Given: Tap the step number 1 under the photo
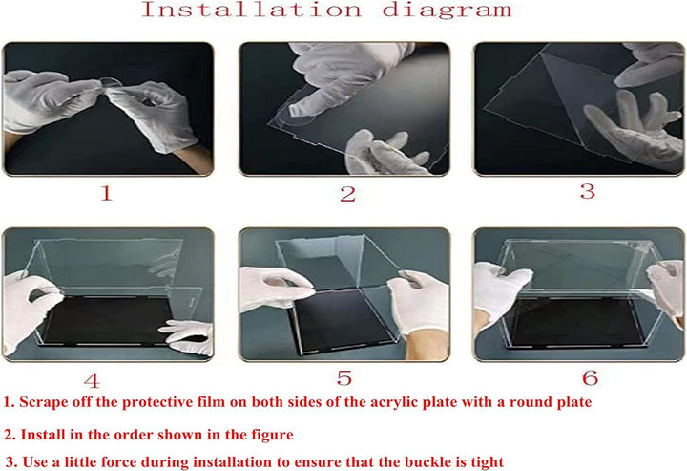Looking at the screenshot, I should tap(107, 193).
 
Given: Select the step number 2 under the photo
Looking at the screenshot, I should tap(348, 194).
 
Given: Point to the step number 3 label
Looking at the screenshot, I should tap(587, 190).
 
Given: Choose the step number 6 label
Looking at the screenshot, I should tap(590, 377).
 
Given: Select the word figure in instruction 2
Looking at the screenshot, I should tap(270, 434).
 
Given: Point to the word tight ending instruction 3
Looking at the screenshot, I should tap(482, 462).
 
